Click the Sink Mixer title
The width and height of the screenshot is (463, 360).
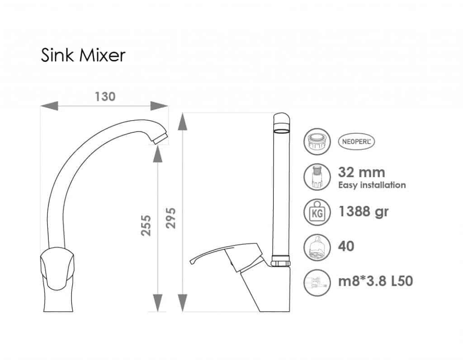83,55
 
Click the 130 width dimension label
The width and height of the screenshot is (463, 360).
105,97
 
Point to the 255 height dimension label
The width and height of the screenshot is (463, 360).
146,225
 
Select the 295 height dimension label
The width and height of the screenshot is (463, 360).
170,218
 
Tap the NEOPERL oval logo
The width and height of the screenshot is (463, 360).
356,141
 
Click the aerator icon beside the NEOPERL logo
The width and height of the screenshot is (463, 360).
317,141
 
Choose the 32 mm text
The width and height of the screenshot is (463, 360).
361,173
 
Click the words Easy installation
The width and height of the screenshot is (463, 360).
372,185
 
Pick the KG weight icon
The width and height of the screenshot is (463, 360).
317,212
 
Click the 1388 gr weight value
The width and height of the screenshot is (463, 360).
363,212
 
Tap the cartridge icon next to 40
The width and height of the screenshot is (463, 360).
317,247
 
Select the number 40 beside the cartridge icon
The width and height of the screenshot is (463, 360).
346,246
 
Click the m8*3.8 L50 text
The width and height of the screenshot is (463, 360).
375,281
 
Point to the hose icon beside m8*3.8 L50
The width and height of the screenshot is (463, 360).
317,282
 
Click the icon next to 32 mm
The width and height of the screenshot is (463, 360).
317,177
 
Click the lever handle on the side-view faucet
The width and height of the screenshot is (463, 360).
224,253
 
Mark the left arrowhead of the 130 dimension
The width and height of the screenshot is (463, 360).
49,106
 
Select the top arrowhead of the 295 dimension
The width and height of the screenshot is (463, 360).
183,121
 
